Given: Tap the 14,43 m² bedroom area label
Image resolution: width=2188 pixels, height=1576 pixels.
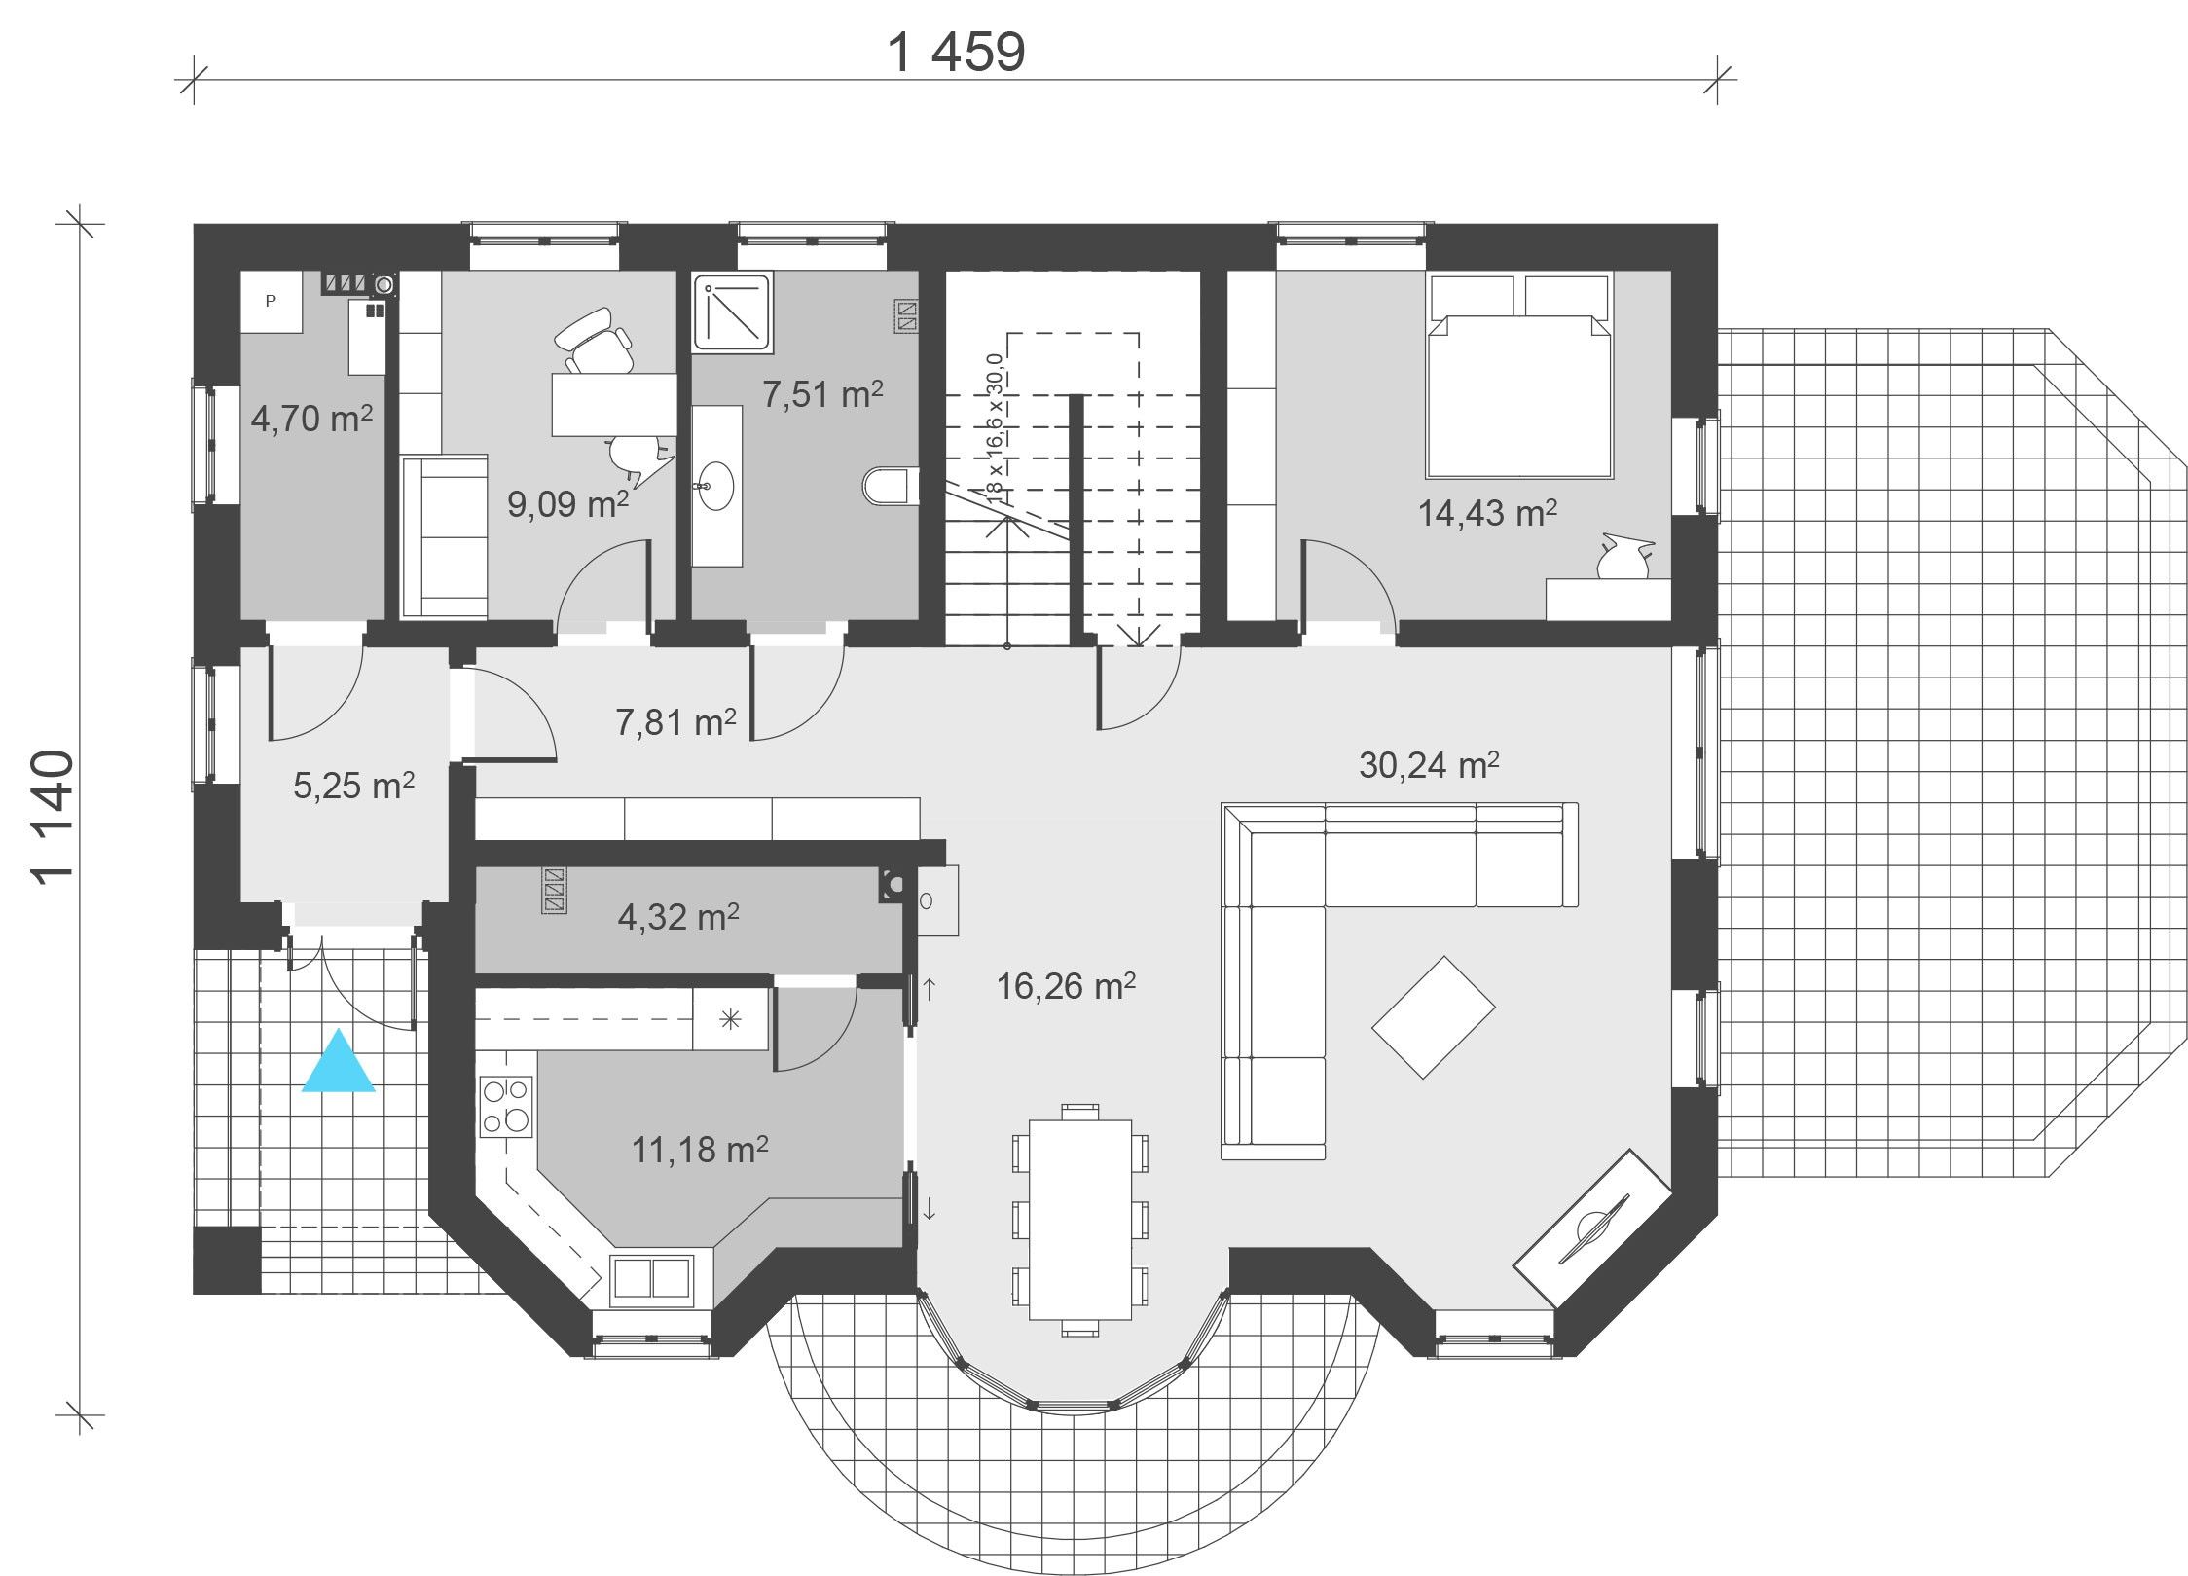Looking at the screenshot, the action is pyautogui.click(x=1487, y=513).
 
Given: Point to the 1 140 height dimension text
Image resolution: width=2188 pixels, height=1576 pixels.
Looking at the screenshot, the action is pyautogui.click(x=53, y=817).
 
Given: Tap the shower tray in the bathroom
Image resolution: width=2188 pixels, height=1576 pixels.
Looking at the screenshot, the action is pyautogui.click(x=735, y=312).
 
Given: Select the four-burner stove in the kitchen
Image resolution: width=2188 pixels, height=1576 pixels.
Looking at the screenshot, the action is pyautogui.click(x=505, y=1106).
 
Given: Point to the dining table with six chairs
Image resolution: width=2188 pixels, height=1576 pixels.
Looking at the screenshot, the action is pyautogui.click(x=1080, y=1219).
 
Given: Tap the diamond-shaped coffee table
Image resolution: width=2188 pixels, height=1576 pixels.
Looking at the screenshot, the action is pyautogui.click(x=1433, y=1017).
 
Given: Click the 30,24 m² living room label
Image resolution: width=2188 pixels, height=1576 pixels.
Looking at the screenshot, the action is pyautogui.click(x=1429, y=766).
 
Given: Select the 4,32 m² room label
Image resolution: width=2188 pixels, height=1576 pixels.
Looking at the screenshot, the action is pyautogui.click(x=678, y=917).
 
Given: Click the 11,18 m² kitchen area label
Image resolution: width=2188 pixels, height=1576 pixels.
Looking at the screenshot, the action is pyautogui.click(x=700, y=1151).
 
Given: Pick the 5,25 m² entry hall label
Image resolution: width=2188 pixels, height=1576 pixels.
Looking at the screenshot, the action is pyautogui.click(x=354, y=786).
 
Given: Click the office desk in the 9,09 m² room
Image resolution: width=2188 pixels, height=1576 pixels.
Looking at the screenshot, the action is pyautogui.click(x=614, y=404).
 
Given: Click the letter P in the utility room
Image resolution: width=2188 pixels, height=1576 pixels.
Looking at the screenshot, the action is pyautogui.click(x=271, y=301).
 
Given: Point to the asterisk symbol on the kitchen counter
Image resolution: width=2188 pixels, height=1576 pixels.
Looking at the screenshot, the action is pyautogui.click(x=730, y=1019).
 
